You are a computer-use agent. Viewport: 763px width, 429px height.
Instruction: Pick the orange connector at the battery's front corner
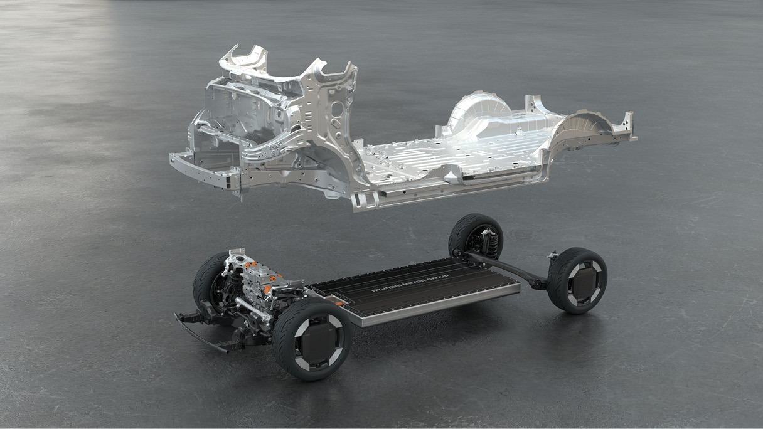pyautogui.click(x=339, y=302)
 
